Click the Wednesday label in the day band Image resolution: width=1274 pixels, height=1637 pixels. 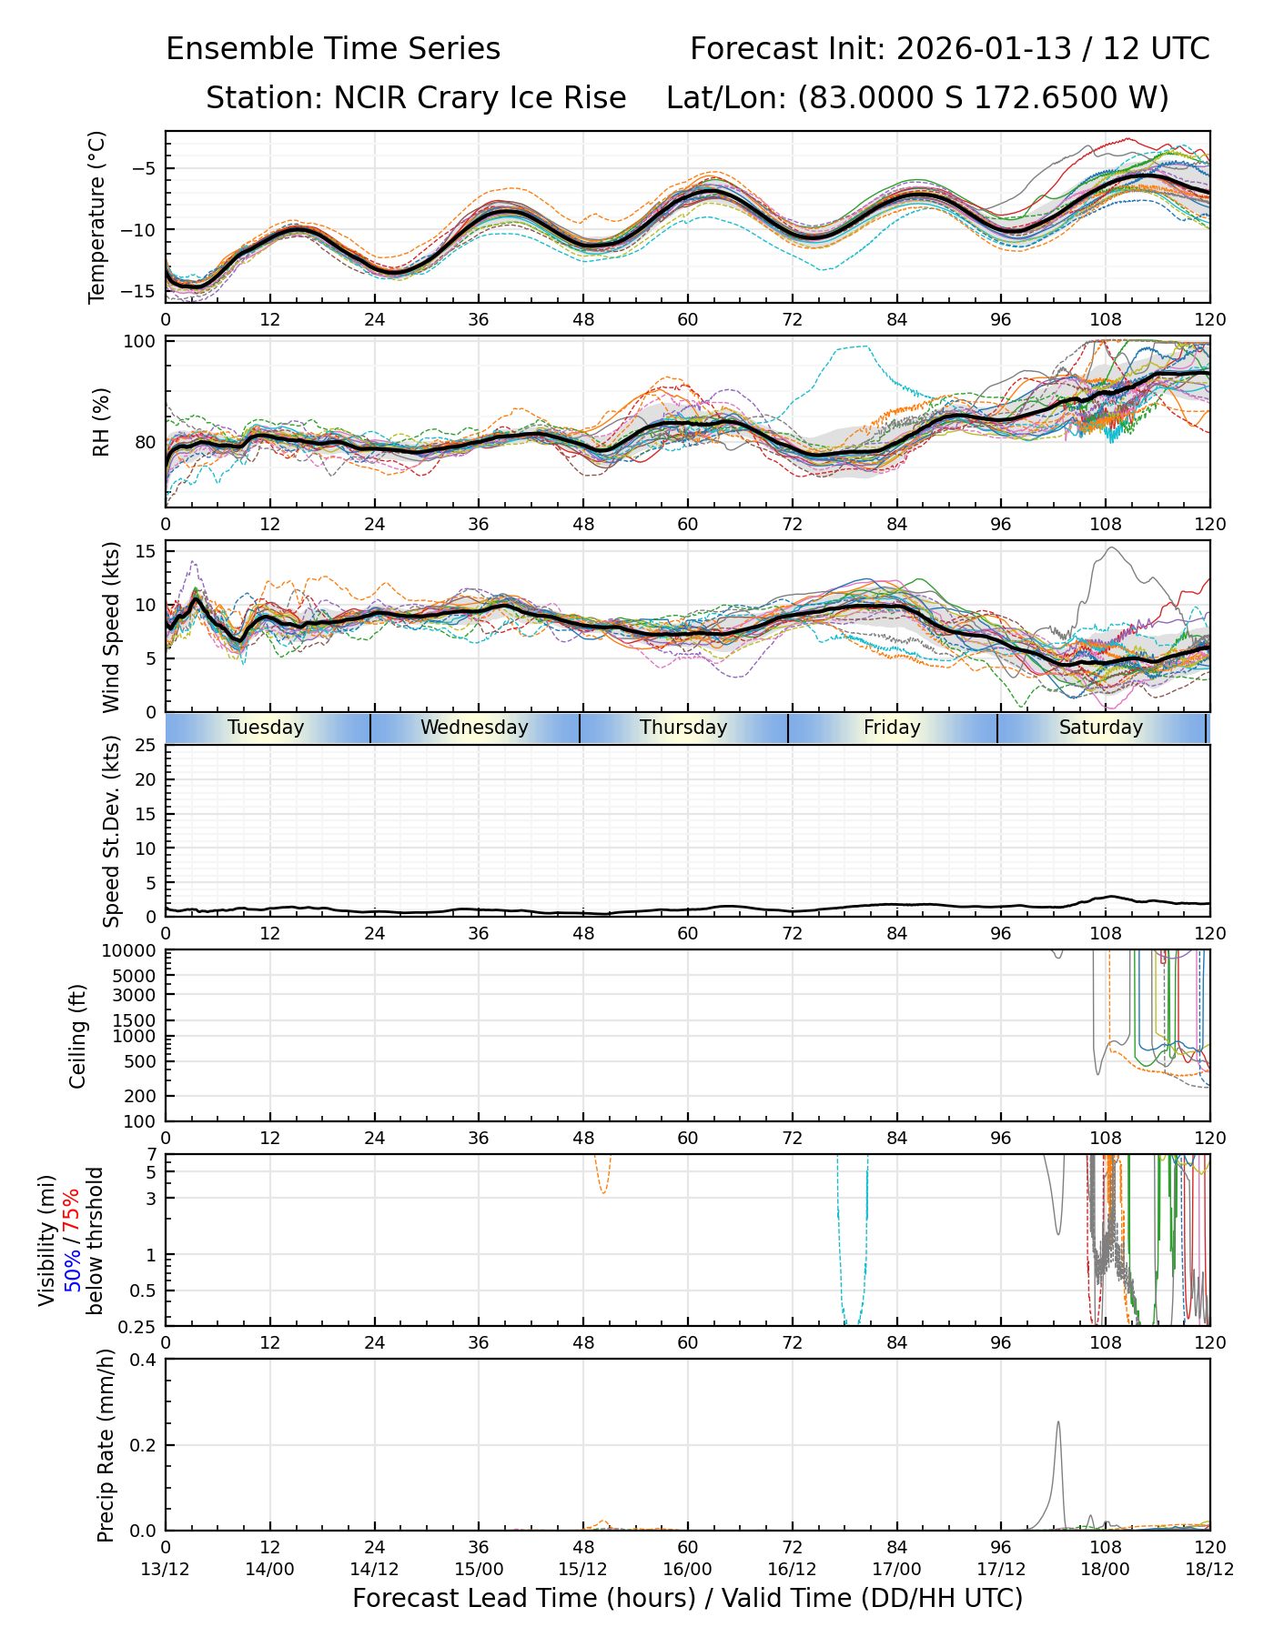[474, 728]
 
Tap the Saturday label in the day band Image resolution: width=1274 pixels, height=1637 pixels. [1100, 728]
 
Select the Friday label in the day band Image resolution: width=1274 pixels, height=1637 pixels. [892, 728]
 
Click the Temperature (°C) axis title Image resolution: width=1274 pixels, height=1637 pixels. [97, 216]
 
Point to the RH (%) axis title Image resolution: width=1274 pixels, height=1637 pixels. [100, 421]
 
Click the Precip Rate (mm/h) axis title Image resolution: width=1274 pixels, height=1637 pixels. [106, 1445]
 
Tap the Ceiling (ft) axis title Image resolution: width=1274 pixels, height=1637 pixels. [78, 1036]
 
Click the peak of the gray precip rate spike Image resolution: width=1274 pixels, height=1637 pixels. [1058, 1421]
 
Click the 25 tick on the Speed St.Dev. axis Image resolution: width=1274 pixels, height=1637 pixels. [146, 746]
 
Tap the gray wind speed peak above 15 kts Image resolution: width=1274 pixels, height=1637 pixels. [1112, 547]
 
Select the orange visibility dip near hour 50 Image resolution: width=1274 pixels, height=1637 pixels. [602, 1192]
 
